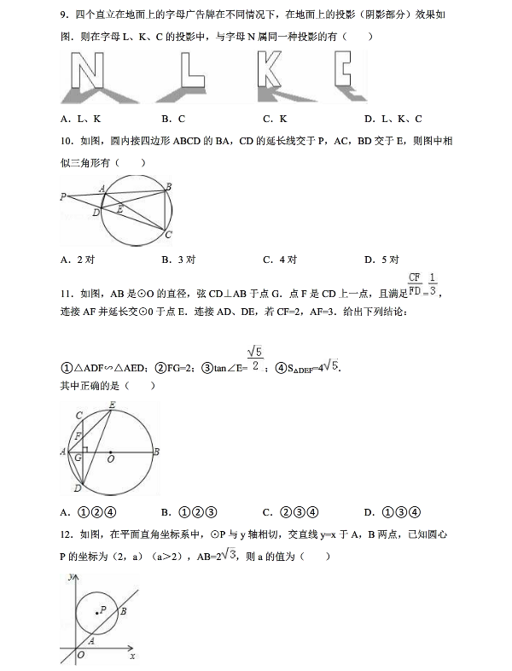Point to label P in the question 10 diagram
point(63,196)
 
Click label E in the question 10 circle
point(119,208)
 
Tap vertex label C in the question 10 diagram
point(169,235)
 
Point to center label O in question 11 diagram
point(111,459)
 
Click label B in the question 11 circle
point(156,452)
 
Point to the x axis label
point(132,656)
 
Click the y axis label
point(67,578)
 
